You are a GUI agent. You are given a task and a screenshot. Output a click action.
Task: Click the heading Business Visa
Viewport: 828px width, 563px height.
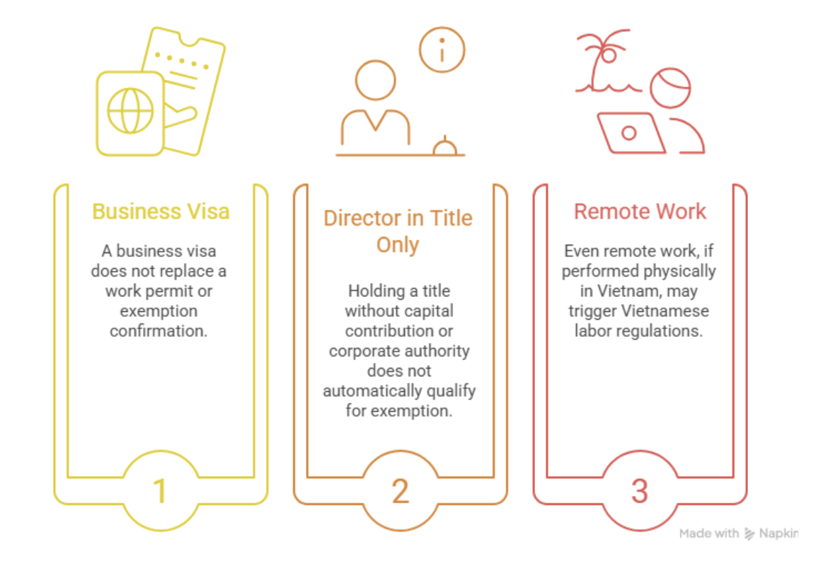[161, 211]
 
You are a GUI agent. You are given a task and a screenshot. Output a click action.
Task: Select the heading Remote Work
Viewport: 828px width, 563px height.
[640, 211]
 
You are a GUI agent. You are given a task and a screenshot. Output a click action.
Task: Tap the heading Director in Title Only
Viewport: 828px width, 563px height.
[398, 231]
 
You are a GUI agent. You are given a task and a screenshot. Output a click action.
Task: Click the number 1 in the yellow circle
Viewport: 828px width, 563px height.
[161, 491]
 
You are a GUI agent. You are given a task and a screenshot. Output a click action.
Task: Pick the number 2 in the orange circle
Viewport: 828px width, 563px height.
[401, 491]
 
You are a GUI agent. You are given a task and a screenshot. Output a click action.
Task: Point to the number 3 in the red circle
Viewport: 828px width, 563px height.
[640, 491]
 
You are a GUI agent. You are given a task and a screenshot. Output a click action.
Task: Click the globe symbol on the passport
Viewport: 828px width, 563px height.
[130, 112]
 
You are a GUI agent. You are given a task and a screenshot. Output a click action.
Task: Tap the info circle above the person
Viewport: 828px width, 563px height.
[442, 50]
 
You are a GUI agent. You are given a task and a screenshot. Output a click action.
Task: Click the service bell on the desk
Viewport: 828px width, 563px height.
[444, 146]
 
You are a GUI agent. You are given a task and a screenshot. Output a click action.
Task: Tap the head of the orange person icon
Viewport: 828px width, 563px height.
[375, 80]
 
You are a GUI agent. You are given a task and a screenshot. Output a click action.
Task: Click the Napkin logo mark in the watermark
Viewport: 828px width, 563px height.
[749, 533]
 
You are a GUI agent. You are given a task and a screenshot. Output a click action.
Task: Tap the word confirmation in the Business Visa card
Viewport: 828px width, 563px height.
[159, 330]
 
